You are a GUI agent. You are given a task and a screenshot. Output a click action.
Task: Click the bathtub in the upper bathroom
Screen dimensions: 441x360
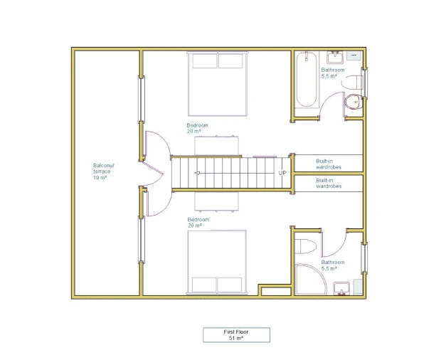[x=307, y=79]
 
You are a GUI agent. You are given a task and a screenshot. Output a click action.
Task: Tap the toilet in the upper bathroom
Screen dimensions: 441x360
[x=354, y=102]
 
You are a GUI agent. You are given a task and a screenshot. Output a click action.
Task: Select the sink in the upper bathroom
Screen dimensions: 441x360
[x=335, y=58]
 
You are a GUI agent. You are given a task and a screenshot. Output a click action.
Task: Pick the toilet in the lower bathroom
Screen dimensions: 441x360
[x=305, y=246]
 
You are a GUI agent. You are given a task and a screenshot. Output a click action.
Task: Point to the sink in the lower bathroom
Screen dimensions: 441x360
[x=341, y=289]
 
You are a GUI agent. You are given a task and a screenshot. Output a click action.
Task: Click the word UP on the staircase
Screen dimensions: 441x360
[x=282, y=173]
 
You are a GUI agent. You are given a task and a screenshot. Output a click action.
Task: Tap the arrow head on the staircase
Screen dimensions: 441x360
[x=197, y=173]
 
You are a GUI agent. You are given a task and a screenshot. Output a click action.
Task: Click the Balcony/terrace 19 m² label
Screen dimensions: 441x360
[x=104, y=171]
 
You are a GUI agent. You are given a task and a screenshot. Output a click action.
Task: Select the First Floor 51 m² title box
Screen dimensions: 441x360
[x=237, y=335]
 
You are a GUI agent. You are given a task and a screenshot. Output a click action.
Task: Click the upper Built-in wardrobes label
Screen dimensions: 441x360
[x=329, y=164]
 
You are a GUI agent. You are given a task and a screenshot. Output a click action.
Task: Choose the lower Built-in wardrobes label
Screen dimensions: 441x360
[x=329, y=184]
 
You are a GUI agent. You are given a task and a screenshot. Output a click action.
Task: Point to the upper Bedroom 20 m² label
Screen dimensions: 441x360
[x=197, y=128]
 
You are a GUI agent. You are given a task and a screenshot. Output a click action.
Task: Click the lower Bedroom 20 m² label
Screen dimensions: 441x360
[x=198, y=223]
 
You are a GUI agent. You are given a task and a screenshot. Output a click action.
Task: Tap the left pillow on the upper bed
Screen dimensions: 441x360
[x=205, y=60]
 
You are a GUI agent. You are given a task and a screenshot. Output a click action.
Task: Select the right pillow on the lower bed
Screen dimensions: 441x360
[x=230, y=285]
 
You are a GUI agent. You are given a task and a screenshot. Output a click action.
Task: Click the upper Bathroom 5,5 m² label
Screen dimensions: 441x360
[x=333, y=73]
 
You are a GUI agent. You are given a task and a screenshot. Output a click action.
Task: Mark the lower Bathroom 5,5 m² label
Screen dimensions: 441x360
[x=333, y=265]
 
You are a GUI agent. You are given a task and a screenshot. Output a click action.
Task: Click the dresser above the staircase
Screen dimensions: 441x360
[x=216, y=145]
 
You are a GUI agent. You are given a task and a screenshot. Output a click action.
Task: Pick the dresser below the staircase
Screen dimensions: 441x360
[x=216, y=201]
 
